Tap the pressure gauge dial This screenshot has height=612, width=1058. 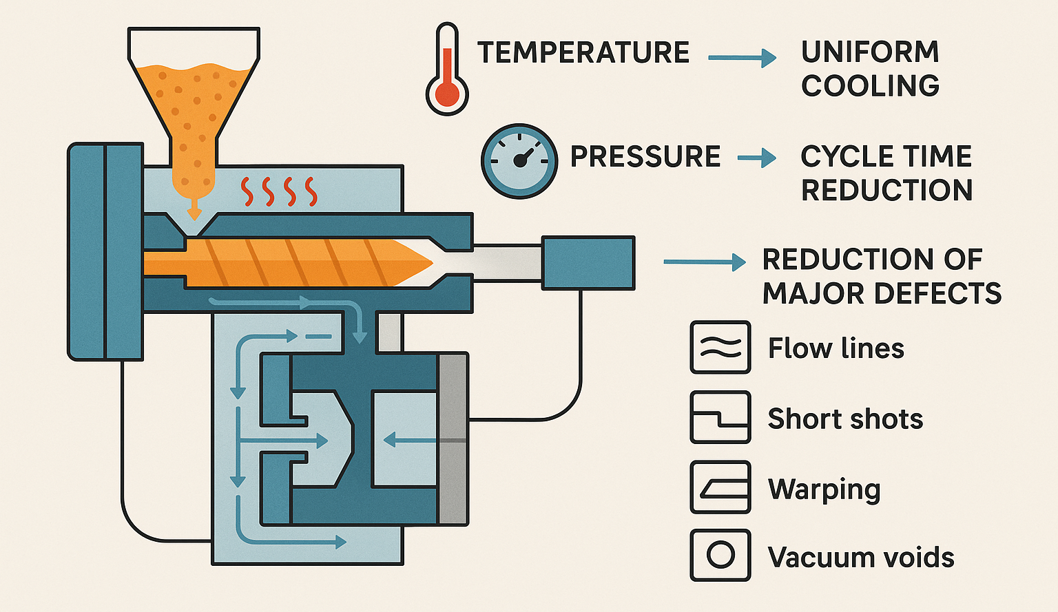519,161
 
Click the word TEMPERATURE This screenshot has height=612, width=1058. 583,53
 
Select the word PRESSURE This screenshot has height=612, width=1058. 645,157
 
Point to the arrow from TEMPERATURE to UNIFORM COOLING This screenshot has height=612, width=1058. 742,58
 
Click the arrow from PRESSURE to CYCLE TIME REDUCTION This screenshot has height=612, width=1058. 756,158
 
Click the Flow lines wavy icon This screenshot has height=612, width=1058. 720,348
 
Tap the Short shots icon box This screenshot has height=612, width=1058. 720,417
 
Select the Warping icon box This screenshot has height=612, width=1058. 720,487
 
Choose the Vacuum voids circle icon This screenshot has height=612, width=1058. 720,555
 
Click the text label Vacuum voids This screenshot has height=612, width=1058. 861,557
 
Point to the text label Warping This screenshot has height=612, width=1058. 824,489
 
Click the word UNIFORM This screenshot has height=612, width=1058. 870,52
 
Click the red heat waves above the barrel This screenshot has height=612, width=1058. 279,191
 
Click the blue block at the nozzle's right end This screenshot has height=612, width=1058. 588,262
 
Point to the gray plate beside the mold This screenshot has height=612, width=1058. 453,439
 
